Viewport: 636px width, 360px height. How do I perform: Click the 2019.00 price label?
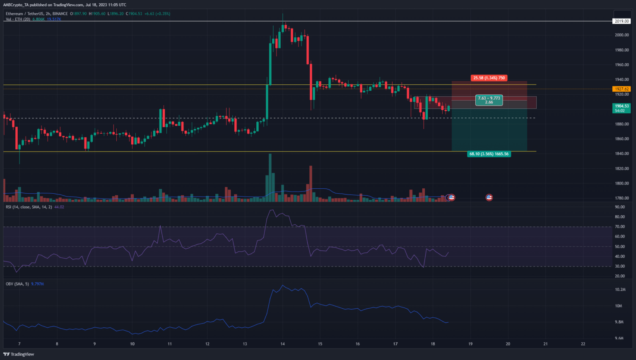pyautogui.click(x=622, y=21)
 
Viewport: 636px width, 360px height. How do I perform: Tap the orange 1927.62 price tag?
pyautogui.click(x=622, y=89)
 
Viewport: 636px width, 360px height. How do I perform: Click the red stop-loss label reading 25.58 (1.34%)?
pyautogui.click(x=489, y=78)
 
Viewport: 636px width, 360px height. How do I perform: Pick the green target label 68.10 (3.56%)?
pyautogui.click(x=489, y=154)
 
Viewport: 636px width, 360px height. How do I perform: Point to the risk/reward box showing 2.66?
pyautogui.click(x=489, y=100)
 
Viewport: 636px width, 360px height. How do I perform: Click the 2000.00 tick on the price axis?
pyautogui.click(x=622, y=35)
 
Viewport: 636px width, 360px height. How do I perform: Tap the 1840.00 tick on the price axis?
pyautogui.click(x=622, y=154)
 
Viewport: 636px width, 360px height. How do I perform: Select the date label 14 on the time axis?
pyautogui.click(x=282, y=344)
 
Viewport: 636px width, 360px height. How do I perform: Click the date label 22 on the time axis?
pyautogui.click(x=583, y=344)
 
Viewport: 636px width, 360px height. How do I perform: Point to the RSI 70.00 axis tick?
pyautogui.click(x=620, y=227)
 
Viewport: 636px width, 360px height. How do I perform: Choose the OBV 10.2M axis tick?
pyautogui.click(x=620, y=290)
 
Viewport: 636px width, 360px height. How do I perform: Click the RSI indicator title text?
pyautogui.click(x=28, y=207)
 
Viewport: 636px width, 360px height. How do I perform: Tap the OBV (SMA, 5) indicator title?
pyautogui.click(x=17, y=284)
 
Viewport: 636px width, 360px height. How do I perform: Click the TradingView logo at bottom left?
pyautogui.click(x=19, y=354)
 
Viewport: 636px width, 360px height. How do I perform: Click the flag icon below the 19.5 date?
pyautogui.click(x=489, y=197)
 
